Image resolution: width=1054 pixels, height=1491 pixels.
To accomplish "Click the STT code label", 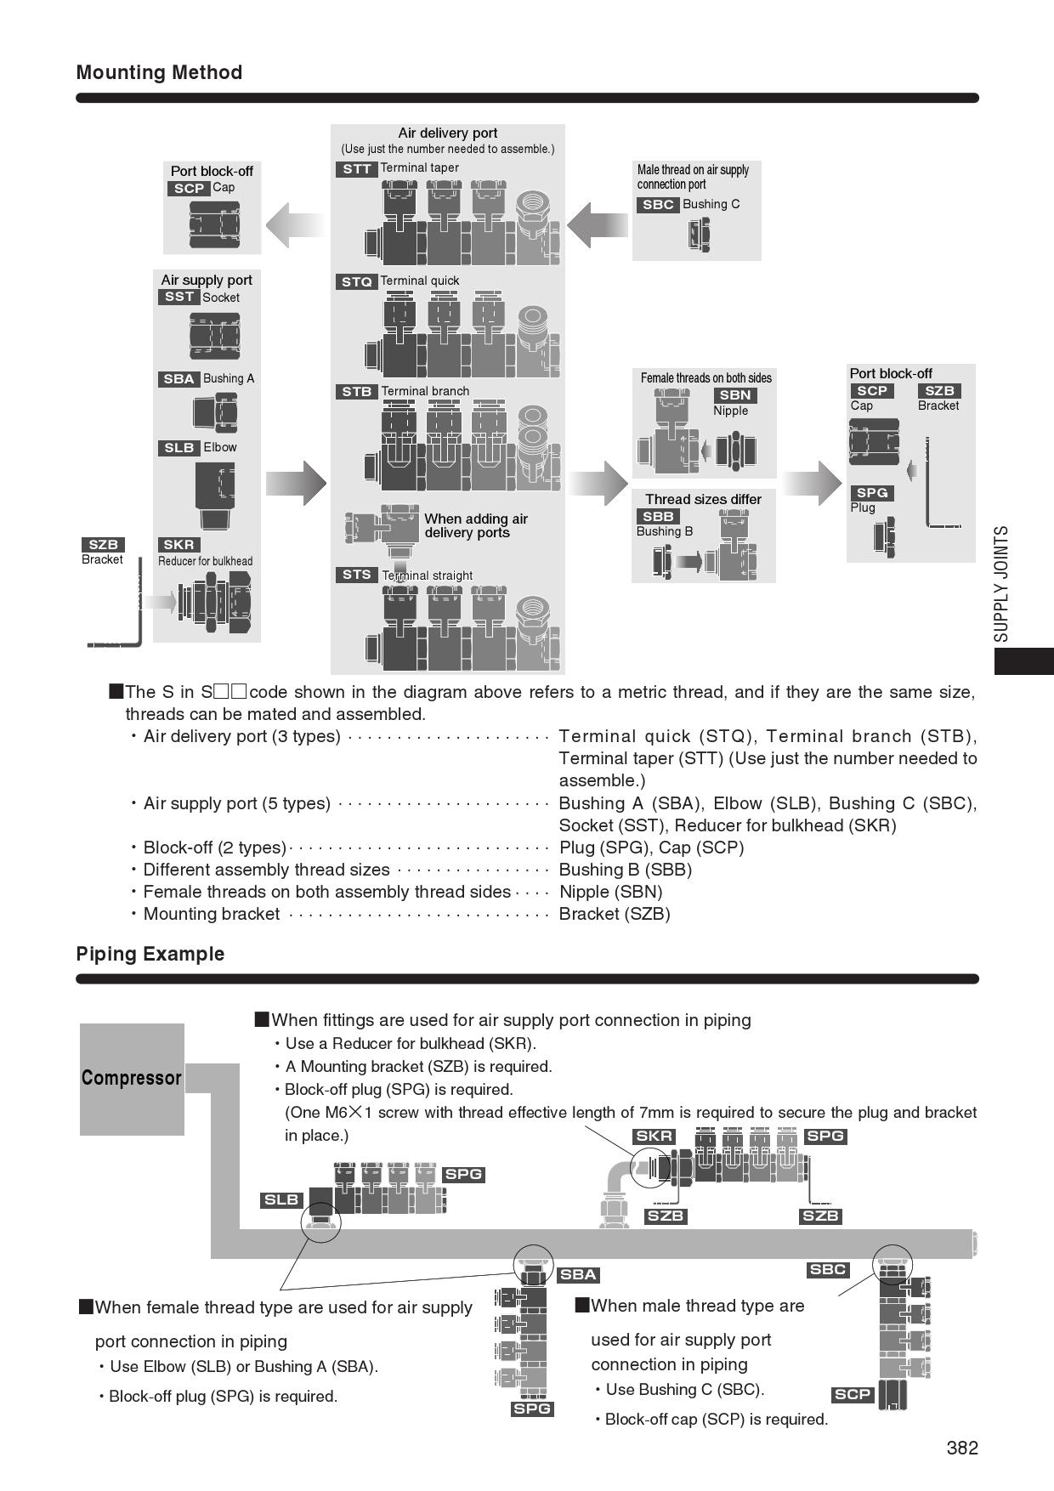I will [357, 169].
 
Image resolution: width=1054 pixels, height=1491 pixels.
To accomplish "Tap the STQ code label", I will [357, 281].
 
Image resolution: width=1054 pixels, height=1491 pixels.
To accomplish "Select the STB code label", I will [357, 392].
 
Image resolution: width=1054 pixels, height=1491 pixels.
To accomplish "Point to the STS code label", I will [357, 575].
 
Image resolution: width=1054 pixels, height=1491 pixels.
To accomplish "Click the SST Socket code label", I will [178, 297].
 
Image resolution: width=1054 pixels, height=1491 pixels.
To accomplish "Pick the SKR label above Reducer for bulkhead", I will [178, 545].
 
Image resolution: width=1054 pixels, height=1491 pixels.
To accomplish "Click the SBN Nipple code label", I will [735, 395].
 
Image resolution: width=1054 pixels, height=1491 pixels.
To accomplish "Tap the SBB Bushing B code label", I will [658, 517].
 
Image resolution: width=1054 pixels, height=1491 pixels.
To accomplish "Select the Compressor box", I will [132, 1079].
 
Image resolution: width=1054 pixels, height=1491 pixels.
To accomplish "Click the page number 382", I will [962, 1448].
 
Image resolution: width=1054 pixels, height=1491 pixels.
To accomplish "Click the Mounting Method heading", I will [159, 73].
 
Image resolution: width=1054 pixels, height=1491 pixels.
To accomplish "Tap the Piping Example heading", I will [150, 954].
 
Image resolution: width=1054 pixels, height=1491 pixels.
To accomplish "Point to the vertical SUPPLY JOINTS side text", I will [1002, 584].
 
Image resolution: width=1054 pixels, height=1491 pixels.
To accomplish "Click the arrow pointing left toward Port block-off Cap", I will [294, 225].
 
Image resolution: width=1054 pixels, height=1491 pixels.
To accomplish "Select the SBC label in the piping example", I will [828, 1270].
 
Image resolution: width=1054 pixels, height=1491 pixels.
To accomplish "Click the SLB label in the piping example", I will [282, 1200].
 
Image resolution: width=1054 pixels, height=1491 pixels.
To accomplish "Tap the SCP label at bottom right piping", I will [853, 1394].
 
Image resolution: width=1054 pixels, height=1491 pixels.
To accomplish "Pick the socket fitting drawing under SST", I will [214, 336].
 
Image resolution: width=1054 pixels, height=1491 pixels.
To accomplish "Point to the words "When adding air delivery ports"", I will [476, 526].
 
